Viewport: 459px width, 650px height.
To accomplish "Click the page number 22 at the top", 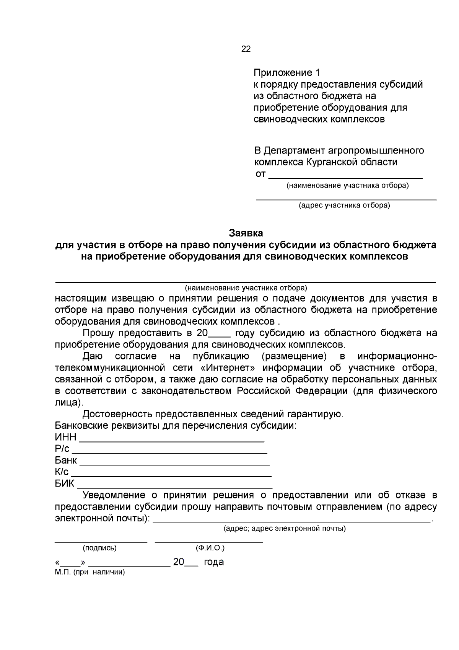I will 246,49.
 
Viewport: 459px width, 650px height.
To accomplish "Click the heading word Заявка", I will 246,233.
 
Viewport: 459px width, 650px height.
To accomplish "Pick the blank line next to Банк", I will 174,463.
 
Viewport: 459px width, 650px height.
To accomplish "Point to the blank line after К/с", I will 171,475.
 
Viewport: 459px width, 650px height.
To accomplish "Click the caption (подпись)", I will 100,548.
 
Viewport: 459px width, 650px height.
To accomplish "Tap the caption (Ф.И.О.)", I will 210,548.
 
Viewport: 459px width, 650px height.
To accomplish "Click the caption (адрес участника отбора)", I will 344,206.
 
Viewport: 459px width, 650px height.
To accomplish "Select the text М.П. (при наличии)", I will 90,573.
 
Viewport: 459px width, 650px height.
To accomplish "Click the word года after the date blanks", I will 214,562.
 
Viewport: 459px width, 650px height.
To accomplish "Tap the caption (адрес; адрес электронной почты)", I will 285,529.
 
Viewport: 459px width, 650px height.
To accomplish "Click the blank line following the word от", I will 345,177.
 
